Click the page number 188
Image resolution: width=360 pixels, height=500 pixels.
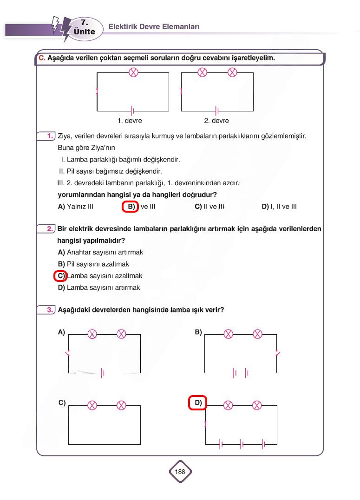click(x=180, y=472)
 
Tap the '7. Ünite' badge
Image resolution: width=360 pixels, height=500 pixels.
click(x=84, y=27)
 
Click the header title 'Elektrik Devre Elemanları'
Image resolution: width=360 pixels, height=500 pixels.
click(x=154, y=27)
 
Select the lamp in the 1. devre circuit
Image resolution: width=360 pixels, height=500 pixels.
click(x=133, y=72)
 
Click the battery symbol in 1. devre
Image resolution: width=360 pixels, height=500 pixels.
click(x=133, y=111)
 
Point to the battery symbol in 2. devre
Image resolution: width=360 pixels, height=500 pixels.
click(x=217, y=111)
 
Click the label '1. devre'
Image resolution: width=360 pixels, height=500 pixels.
click(x=130, y=121)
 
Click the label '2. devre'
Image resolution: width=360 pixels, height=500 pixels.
click(x=216, y=121)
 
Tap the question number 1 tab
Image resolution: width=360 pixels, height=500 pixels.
click(x=46, y=136)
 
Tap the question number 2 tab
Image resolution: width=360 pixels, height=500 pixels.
click(x=46, y=229)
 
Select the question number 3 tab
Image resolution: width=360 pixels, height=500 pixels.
click(x=46, y=309)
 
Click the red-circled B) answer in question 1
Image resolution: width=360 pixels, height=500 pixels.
click(x=131, y=207)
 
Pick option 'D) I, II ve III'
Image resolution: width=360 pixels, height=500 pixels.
click(x=279, y=207)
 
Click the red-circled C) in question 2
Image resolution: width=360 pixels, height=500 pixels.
click(x=60, y=276)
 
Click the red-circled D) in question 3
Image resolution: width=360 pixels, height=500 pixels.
click(x=197, y=403)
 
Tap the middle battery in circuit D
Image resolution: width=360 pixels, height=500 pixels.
click(x=242, y=444)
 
